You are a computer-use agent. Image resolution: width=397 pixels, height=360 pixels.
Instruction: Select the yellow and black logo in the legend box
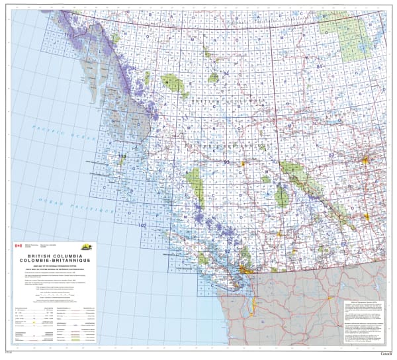87,246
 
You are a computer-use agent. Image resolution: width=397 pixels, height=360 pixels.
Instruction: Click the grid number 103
121,156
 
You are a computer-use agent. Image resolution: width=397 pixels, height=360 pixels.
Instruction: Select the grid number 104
132,69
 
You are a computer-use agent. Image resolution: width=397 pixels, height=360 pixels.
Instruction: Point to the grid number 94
226,73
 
